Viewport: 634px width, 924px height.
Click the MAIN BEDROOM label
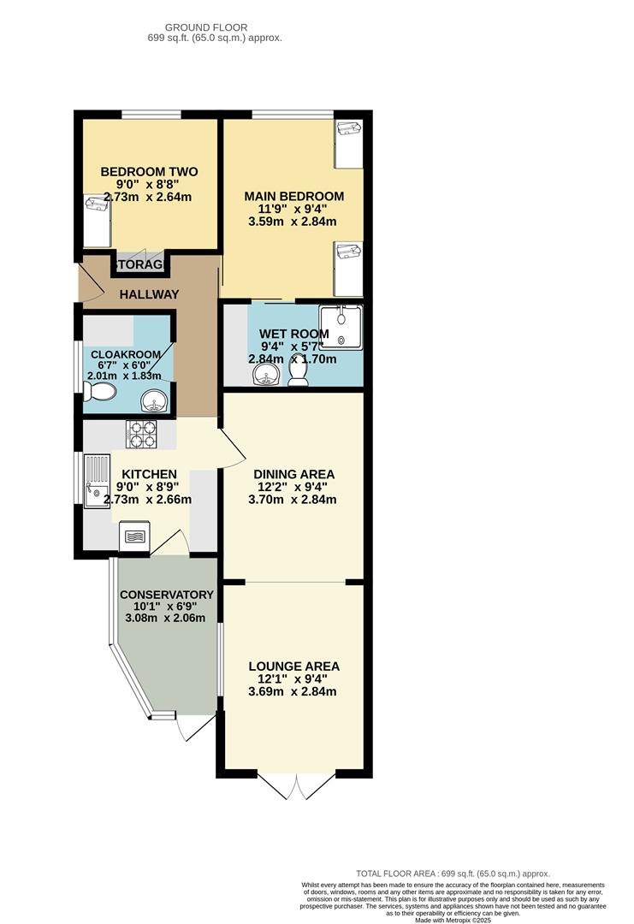coord(294,196)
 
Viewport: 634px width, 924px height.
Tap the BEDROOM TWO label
coord(149,172)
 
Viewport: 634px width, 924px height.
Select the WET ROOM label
coord(294,335)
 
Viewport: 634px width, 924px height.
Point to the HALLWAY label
coord(149,294)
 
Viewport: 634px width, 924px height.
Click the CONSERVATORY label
coord(167,595)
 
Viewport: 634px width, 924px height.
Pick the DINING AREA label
coord(294,474)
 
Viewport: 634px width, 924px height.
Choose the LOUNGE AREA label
coord(294,666)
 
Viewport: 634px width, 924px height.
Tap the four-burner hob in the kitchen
coord(141,434)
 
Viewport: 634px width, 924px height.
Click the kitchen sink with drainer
coord(97,481)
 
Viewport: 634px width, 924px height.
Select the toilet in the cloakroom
coord(99,391)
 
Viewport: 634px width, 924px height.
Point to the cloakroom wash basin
coord(156,400)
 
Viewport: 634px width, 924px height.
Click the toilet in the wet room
coord(298,372)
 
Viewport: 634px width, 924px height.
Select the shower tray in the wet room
coord(341,327)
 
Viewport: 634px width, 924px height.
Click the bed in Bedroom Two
coord(98,221)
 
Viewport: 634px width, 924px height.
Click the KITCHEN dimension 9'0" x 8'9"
coord(147,488)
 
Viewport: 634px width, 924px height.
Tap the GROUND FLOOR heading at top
coord(206,27)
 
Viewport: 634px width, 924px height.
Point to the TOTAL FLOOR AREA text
coord(453,874)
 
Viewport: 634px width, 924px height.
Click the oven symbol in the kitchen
coord(134,536)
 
